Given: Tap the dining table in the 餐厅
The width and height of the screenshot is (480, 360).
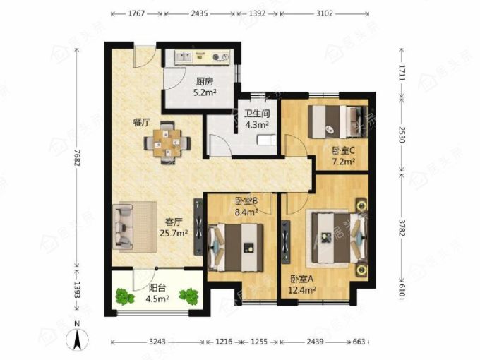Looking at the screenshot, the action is coord(167,143).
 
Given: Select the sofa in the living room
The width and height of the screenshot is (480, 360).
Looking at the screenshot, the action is coord(123,226).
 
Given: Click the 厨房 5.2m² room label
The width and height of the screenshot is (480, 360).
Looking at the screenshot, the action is coord(205,87).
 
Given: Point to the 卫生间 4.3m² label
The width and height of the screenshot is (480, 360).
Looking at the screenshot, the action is coord(257,119).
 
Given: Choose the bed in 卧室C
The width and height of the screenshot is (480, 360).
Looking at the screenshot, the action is coord(337,122).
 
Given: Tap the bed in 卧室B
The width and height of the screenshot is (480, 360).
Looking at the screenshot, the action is coord(236,247).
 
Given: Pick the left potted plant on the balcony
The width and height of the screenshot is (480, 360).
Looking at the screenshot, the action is coord(125,296).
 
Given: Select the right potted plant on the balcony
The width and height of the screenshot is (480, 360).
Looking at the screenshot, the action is coord(189,296).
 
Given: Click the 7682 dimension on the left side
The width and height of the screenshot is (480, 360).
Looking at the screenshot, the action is coord(76,158).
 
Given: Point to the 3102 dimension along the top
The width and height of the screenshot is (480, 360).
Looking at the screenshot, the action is coord(324,13).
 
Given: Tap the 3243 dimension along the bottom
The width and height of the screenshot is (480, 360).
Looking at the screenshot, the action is coord(157,342).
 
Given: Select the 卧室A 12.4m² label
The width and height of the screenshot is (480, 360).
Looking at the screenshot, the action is coord(303,284).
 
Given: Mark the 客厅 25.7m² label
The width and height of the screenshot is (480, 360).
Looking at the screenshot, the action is coord(174,227).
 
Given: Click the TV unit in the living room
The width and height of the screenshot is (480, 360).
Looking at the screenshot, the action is coord(198,227).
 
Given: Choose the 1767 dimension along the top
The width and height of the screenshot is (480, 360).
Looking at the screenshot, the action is coord(136,13).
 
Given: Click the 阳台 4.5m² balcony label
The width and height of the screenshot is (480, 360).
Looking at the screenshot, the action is coord(158,293).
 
